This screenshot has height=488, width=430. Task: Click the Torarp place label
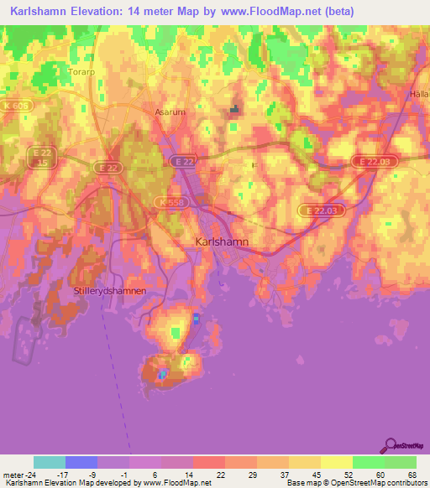[81, 72]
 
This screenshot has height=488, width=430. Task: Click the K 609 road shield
[14, 106]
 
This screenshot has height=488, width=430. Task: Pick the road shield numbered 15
[42, 165]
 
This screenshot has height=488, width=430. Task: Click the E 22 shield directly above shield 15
[42, 152]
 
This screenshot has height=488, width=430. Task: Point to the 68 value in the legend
[413, 475]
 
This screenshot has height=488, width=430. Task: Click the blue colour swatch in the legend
[81, 462]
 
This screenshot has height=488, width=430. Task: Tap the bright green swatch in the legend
[368, 462]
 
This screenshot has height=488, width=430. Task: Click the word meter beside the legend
[14, 475]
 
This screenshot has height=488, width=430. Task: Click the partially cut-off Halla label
[420, 94]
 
